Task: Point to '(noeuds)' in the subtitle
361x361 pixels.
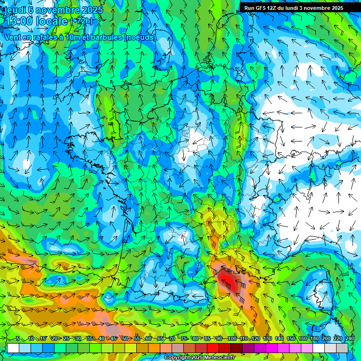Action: click(x=140, y=37)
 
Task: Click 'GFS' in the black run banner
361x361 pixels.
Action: click(x=263, y=8)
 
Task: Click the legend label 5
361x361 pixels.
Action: click(x=18, y=339)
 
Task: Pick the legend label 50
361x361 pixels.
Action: click(x=125, y=339)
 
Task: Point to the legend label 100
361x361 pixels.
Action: click(x=232, y=339)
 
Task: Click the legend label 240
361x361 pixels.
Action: click(x=350, y=339)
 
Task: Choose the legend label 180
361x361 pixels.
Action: click(x=314, y=339)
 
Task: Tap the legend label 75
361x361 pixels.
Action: click(x=184, y=339)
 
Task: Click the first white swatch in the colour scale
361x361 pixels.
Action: click(x=13, y=348)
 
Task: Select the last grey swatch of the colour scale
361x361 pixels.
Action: click(x=342, y=348)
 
